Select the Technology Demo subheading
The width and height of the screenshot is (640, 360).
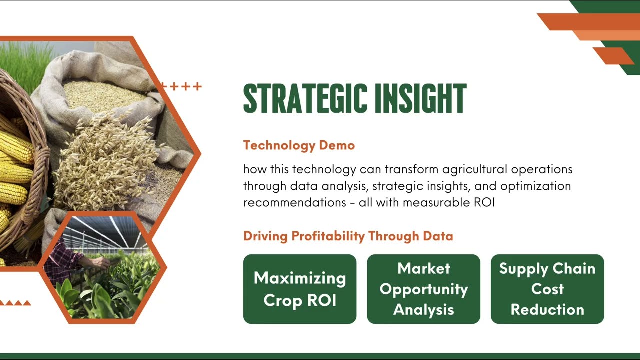[x=299, y=145]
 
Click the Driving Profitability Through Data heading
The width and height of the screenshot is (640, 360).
[x=348, y=236]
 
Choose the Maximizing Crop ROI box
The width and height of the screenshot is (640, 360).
[x=300, y=289]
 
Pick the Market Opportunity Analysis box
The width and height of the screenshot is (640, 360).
[x=423, y=289]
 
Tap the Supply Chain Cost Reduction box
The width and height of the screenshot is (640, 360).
[x=547, y=289]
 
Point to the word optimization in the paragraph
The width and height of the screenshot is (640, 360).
[x=535, y=186]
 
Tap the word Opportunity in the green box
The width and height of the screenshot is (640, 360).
[x=423, y=289]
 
